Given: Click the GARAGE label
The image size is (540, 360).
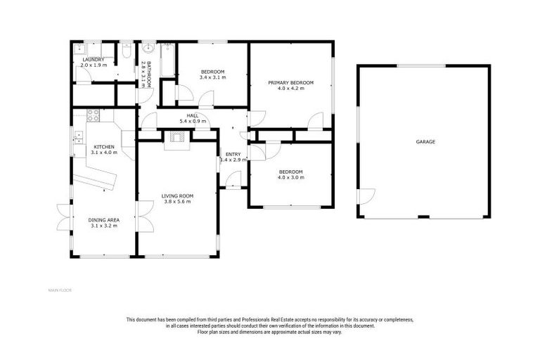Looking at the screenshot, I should [425, 142].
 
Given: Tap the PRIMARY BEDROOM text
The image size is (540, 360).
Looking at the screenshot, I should [290, 83].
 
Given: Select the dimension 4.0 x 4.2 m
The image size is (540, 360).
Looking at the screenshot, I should [290, 89].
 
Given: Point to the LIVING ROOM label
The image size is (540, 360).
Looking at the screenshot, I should [177, 195].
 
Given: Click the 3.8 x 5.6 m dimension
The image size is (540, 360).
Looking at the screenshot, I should [177, 202].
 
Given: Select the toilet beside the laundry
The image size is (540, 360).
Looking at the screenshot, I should [125, 51].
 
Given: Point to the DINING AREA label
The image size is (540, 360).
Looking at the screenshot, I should [103, 220].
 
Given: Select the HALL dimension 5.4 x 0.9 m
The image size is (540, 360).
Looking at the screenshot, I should [193, 122].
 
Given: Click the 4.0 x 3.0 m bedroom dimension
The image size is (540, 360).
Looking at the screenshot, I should [290, 178].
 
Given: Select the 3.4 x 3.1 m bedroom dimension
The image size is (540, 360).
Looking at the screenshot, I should [212, 77].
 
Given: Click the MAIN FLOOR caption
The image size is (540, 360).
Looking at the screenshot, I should [61, 290].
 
